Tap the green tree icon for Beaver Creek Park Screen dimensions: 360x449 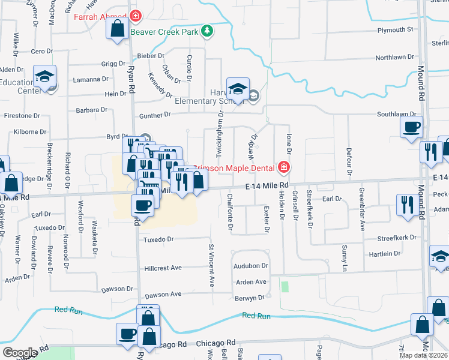(x=207, y=31)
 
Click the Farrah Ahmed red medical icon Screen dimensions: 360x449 (x=136, y=16)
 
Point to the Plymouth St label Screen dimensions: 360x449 (x=396, y=29)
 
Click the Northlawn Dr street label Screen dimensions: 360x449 (x=395, y=58)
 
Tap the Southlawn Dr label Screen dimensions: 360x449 (x=397, y=114)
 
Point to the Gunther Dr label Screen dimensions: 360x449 (x=148, y=115)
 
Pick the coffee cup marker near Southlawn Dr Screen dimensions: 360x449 (x=412, y=127)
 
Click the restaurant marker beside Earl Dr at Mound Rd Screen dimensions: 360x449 (x=407, y=205)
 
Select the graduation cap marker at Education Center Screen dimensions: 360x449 (x=45, y=76)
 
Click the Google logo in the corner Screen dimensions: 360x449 (x=20, y=353)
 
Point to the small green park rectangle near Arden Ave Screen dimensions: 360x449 (x=285, y=287)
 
